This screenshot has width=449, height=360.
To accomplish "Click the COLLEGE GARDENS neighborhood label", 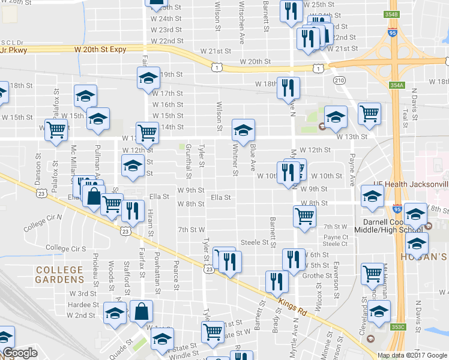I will click(x=59, y=275).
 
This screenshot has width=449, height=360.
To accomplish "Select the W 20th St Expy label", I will click(x=100, y=49).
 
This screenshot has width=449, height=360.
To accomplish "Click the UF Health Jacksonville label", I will click(x=410, y=184).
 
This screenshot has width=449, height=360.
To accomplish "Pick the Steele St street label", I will click(x=254, y=242).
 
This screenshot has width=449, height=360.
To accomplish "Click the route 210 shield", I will click(x=340, y=80).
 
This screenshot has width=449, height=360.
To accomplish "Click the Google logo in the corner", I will click(x=19, y=353).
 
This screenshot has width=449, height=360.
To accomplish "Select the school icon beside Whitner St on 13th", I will click(x=243, y=129).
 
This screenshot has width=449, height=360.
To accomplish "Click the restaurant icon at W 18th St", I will click(x=288, y=88).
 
